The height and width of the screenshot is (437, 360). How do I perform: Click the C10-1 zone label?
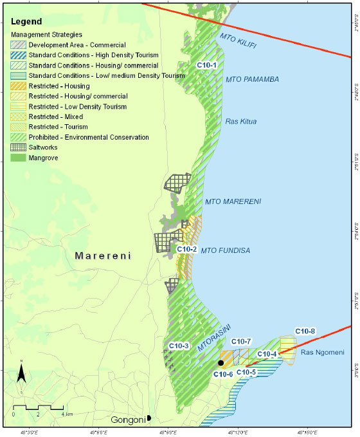[206, 66]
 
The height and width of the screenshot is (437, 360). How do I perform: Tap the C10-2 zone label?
[186, 249]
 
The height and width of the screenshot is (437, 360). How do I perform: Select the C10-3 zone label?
[179, 346]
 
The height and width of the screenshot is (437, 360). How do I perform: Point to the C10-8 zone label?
[305, 331]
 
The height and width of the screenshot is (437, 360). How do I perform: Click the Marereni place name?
[103, 256]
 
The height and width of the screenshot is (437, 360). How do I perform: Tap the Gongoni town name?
[127, 420]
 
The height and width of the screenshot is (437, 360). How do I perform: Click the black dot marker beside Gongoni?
[149, 418]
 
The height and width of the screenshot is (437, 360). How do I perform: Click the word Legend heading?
[26, 21]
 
